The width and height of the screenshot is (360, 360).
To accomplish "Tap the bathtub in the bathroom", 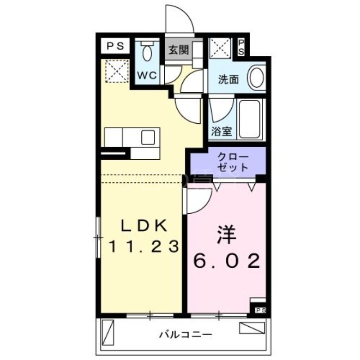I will tap(251, 120).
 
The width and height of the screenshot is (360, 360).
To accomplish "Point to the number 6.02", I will tap(227, 261).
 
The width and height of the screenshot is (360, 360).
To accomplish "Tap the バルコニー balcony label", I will tap(185, 335).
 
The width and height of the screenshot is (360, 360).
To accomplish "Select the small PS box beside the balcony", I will tap(261, 310).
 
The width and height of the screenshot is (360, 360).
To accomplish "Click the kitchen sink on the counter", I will tap(148, 137).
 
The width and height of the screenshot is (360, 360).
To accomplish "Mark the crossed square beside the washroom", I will tap(221, 47).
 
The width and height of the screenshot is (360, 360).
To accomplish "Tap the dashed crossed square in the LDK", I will tap(115, 71).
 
